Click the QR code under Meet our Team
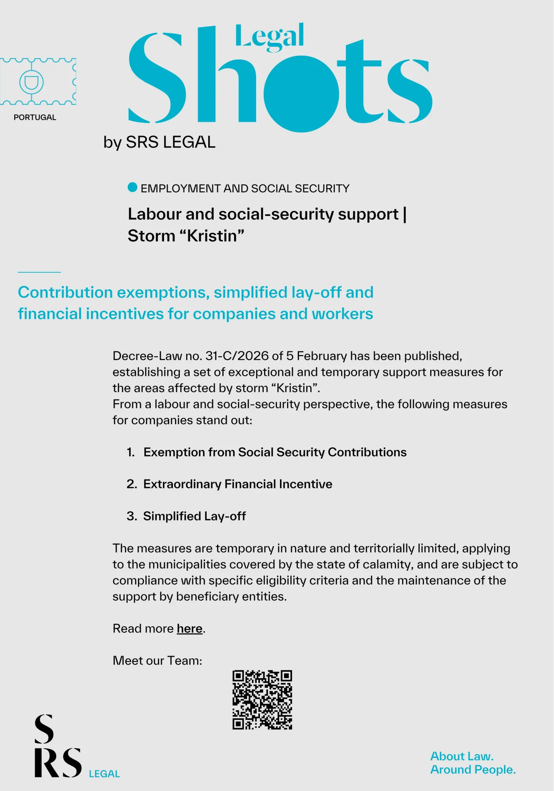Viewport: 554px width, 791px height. tap(262, 699)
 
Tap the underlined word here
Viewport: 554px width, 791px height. tap(190, 628)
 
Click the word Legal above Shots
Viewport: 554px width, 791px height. tap(270, 37)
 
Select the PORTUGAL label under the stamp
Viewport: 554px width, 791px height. tap(35, 117)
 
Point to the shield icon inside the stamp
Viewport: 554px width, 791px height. tap(31, 82)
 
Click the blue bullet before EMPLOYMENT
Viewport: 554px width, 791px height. tap(132, 187)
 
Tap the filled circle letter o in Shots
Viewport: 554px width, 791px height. tap(301, 94)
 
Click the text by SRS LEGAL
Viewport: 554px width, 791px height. tap(159, 142)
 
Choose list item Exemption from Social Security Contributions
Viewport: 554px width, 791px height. tap(275, 452)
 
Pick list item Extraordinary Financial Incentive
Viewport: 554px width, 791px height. tap(237, 484)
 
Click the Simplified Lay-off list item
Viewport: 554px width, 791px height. tap(194, 516)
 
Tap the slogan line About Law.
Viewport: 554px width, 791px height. tap(462, 756)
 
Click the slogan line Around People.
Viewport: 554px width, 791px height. tap(473, 769)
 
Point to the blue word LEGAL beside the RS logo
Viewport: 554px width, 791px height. tap(104, 774)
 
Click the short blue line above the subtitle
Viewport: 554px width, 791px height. tap(39, 272)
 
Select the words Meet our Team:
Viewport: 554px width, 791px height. tap(157, 661)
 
